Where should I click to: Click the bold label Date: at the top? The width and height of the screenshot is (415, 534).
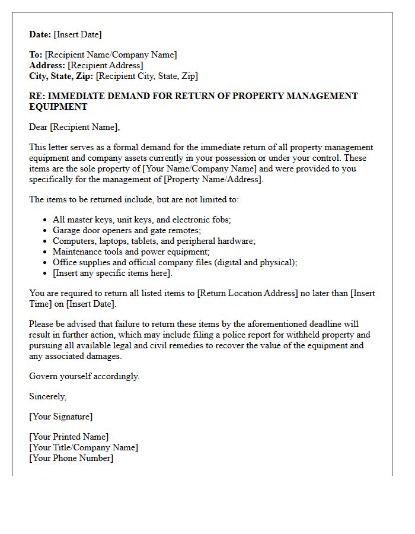point(40,34)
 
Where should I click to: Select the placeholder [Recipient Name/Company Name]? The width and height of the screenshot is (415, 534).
point(111,55)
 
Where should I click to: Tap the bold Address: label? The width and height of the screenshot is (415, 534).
point(47,65)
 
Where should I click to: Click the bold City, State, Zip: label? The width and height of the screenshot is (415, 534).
point(61,76)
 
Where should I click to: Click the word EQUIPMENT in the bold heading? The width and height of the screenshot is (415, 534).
point(58,107)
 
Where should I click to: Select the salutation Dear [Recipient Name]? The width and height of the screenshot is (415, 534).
point(74,127)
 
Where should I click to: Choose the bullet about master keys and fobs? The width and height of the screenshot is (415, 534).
point(142,220)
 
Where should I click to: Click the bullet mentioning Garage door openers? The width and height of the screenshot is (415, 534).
point(127,230)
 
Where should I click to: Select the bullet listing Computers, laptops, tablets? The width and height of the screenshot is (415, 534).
point(154,241)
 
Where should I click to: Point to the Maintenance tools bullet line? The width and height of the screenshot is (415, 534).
point(131,252)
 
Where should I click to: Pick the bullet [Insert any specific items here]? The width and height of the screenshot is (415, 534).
point(113,273)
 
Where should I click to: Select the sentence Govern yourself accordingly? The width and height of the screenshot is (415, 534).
point(84,376)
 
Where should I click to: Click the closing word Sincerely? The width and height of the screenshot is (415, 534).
point(48,396)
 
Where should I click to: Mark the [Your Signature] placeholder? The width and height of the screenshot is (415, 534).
point(60,417)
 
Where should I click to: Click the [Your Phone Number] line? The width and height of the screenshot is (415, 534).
point(71,458)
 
